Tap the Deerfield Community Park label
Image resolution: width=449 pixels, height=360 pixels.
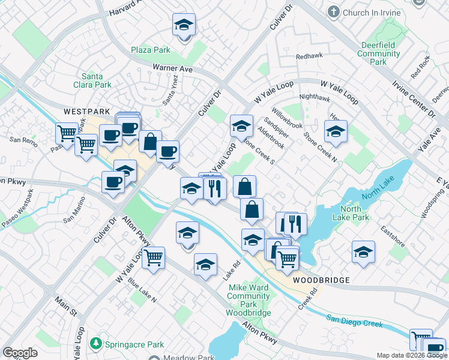tap(378, 53)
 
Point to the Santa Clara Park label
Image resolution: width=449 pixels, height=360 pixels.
tap(97, 80)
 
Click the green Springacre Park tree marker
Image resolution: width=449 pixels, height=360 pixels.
tap(95, 344)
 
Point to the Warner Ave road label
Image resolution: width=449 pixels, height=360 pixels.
tap(172, 70)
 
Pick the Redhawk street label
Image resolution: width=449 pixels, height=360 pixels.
tap(309, 57)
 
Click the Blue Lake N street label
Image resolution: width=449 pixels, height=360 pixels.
tap(142, 291)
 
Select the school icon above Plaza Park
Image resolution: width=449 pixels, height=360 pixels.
tap(184, 26)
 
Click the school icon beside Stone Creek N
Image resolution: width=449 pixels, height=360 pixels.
tap(336, 132)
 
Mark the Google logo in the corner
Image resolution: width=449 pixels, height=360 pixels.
tap(20, 353)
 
